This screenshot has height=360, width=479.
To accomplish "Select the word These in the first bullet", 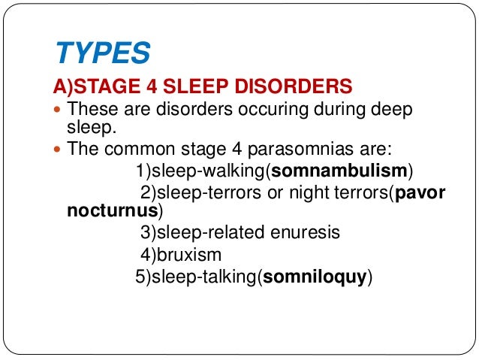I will (90, 110).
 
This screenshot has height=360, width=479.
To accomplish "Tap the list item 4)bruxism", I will (180, 256).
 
